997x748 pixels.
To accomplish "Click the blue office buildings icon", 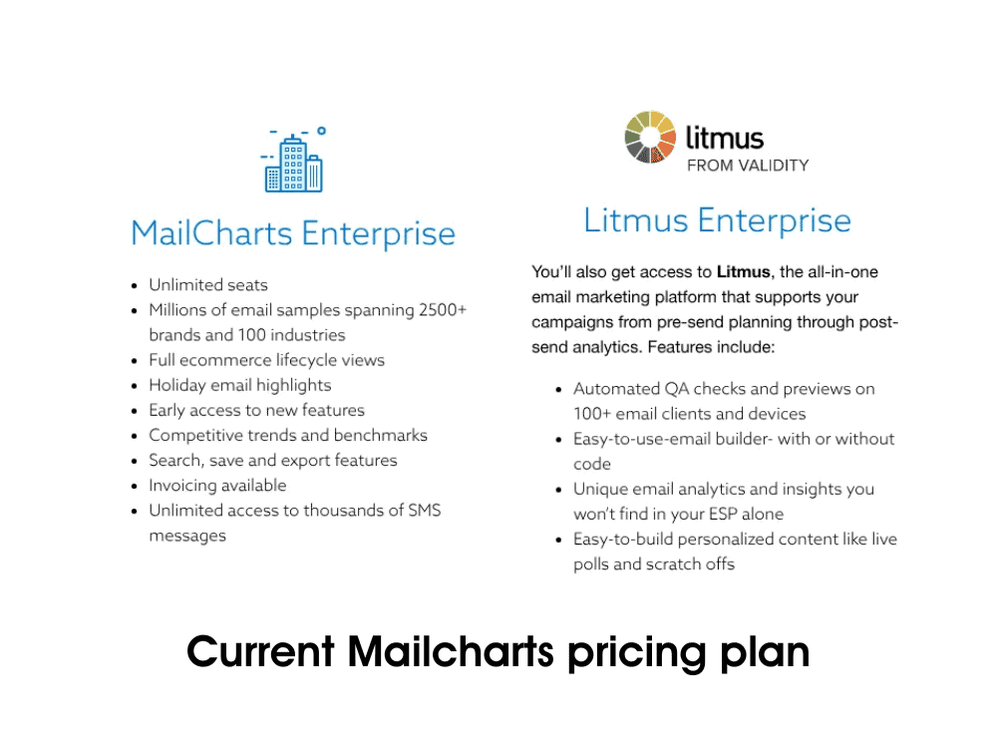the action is pyautogui.click(x=293, y=160).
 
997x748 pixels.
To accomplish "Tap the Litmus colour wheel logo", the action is pyautogui.click(x=650, y=137).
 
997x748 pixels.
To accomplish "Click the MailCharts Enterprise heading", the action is pyautogui.click(x=293, y=233).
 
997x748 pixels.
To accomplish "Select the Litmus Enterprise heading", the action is pyautogui.click(x=717, y=220).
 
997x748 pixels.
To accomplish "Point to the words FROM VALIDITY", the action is pyautogui.click(x=748, y=166).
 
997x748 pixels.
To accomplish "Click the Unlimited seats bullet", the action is pyautogui.click(x=208, y=285).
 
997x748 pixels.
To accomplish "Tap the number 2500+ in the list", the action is pyautogui.click(x=443, y=310).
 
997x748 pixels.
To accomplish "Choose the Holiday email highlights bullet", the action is pyautogui.click(x=239, y=385).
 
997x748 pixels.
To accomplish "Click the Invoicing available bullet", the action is pyautogui.click(x=217, y=486).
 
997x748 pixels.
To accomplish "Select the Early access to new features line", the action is pyautogui.click(x=256, y=410).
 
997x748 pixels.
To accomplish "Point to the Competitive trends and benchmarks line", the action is pyautogui.click(x=288, y=435).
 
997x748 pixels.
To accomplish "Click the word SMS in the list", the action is pyautogui.click(x=425, y=510).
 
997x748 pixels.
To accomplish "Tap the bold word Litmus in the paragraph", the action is pyautogui.click(x=744, y=271).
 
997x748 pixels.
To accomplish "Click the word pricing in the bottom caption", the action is pyautogui.click(x=637, y=653).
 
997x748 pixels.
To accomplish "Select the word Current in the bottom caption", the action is pyautogui.click(x=260, y=652).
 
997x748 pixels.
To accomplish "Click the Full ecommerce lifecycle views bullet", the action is pyautogui.click(x=266, y=360).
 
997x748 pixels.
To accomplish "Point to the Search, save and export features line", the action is pyautogui.click(x=273, y=461).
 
